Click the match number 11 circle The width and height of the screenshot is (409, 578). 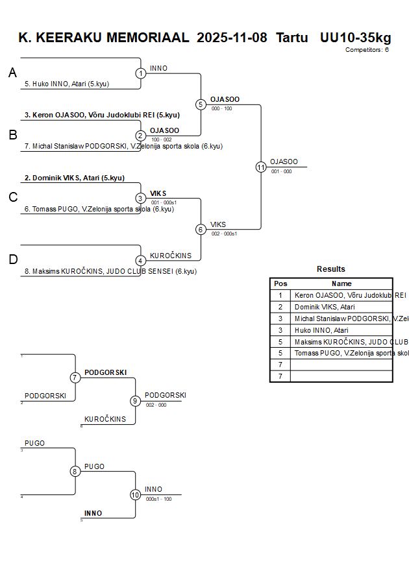(261, 167)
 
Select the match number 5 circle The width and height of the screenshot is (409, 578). (201, 104)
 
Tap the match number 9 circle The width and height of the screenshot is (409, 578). (135, 401)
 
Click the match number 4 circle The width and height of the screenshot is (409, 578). (140, 261)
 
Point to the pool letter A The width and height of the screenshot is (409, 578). (12, 73)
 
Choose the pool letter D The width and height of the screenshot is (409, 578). (13, 259)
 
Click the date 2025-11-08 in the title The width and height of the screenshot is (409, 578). (232, 38)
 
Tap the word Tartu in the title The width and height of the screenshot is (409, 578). (292, 38)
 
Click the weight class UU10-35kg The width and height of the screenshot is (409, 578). (355, 38)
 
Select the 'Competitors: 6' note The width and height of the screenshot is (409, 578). (367, 49)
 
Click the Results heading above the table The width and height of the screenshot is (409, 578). (331, 269)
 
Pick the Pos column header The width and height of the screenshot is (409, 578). (280, 283)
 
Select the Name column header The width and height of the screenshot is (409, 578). (341, 283)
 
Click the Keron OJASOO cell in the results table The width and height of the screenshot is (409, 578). (341, 295)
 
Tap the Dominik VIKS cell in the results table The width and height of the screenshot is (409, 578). (341, 307)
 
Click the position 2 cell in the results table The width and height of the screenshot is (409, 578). (280, 307)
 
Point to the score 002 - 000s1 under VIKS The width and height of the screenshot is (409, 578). (224, 234)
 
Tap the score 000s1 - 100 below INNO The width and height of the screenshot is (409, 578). (159, 499)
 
